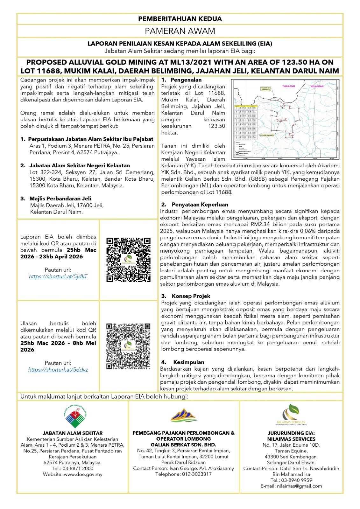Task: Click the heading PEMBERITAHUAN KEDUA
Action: click(180, 19)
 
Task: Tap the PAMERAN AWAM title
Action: click(180, 31)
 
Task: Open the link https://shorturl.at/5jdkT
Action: click(58, 276)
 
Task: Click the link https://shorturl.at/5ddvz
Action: click(58, 370)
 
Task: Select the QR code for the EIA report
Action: click(128, 260)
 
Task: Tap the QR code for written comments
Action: click(128, 346)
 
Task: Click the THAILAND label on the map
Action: click(288, 86)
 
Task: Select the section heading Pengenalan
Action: click(186, 80)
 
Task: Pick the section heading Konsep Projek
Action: click(191, 296)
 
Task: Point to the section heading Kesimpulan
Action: click(188, 362)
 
